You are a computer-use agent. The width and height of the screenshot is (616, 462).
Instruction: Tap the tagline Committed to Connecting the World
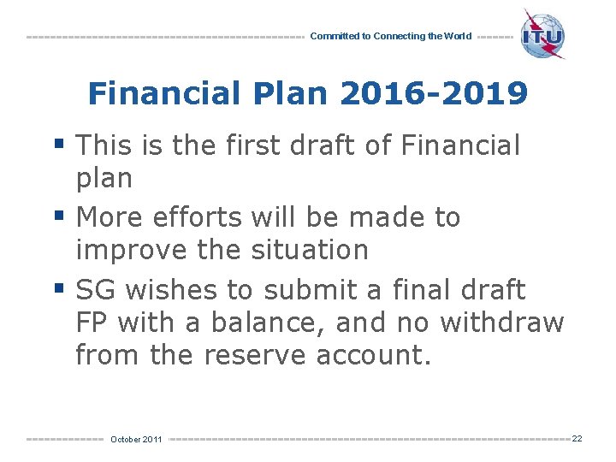point(390,37)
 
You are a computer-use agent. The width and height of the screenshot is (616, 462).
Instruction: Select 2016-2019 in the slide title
point(434,93)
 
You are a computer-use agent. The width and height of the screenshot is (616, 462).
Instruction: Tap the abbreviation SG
point(96,291)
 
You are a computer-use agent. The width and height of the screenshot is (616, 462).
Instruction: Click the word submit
point(311,291)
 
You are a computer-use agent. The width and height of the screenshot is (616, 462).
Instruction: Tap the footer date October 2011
point(136,439)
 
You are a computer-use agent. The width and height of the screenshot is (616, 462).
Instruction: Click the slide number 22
point(577,438)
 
